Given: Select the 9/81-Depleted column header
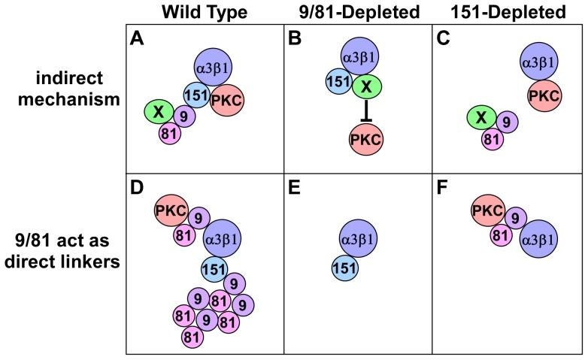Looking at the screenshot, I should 358,12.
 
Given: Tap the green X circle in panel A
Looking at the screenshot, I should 159,113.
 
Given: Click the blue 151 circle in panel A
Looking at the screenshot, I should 198,95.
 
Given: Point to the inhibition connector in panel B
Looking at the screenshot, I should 366,110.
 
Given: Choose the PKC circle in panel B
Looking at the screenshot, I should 366,138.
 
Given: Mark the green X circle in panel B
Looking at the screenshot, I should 366,87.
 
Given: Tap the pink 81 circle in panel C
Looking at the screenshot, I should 491,138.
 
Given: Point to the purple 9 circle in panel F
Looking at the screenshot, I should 515,219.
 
